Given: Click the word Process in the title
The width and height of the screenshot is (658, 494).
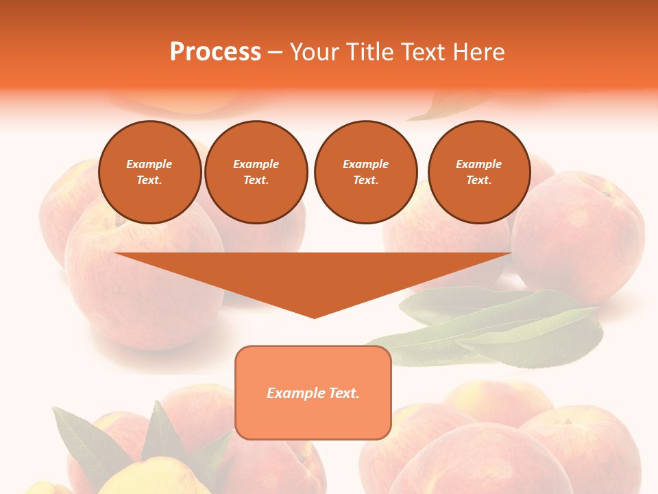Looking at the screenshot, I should coord(215,52).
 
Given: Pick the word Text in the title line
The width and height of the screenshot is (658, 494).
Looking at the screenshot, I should coord(423,52).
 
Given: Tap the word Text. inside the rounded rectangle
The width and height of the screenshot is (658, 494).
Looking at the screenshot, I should coord(343,393).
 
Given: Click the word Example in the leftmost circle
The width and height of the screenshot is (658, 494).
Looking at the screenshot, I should coord(149,164).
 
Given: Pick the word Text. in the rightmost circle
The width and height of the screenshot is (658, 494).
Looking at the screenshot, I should coord(479,180).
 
